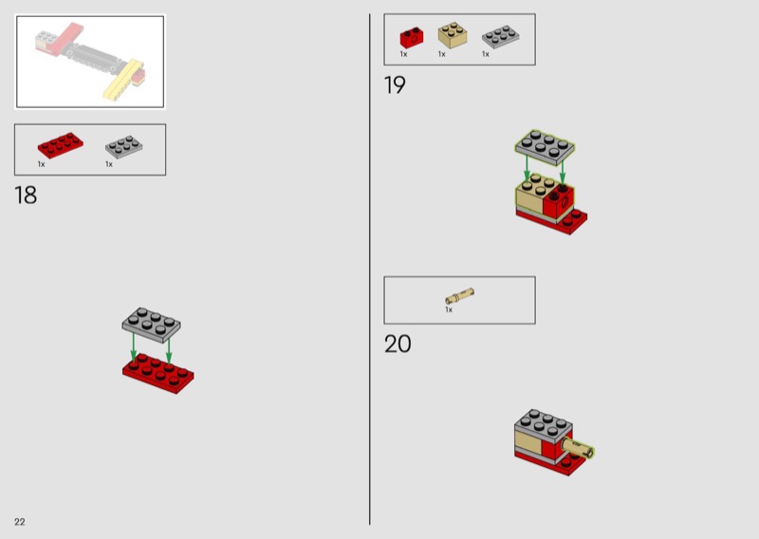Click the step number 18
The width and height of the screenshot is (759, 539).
tap(26, 195)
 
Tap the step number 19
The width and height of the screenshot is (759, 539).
tap(395, 85)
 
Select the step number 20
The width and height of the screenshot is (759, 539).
tap(398, 344)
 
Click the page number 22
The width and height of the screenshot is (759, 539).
tap(19, 522)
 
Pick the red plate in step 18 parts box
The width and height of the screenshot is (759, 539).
tap(61, 145)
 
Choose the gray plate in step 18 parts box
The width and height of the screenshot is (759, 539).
tap(124, 147)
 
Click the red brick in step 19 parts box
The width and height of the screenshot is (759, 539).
tap(412, 37)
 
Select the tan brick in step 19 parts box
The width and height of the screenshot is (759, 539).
tap(453, 35)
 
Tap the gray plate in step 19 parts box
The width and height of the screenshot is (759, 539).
tap(501, 37)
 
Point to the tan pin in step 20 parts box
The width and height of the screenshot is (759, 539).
tap(459, 295)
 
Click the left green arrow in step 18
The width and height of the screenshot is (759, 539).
tap(134, 346)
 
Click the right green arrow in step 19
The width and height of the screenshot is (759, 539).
tap(563, 173)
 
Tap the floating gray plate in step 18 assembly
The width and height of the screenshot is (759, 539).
tap(151, 325)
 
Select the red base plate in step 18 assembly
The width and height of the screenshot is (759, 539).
tap(158, 373)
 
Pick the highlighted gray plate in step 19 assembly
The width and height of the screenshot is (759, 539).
tap(545, 147)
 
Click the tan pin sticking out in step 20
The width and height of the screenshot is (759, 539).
tap(578, 447)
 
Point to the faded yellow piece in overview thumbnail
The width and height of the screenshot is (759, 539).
tap(123, 80)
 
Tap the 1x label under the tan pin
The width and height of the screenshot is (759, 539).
tap(449, 310)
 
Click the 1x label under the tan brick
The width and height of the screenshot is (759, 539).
tap(441, 54)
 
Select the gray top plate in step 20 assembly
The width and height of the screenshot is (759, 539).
tap(544, 424)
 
